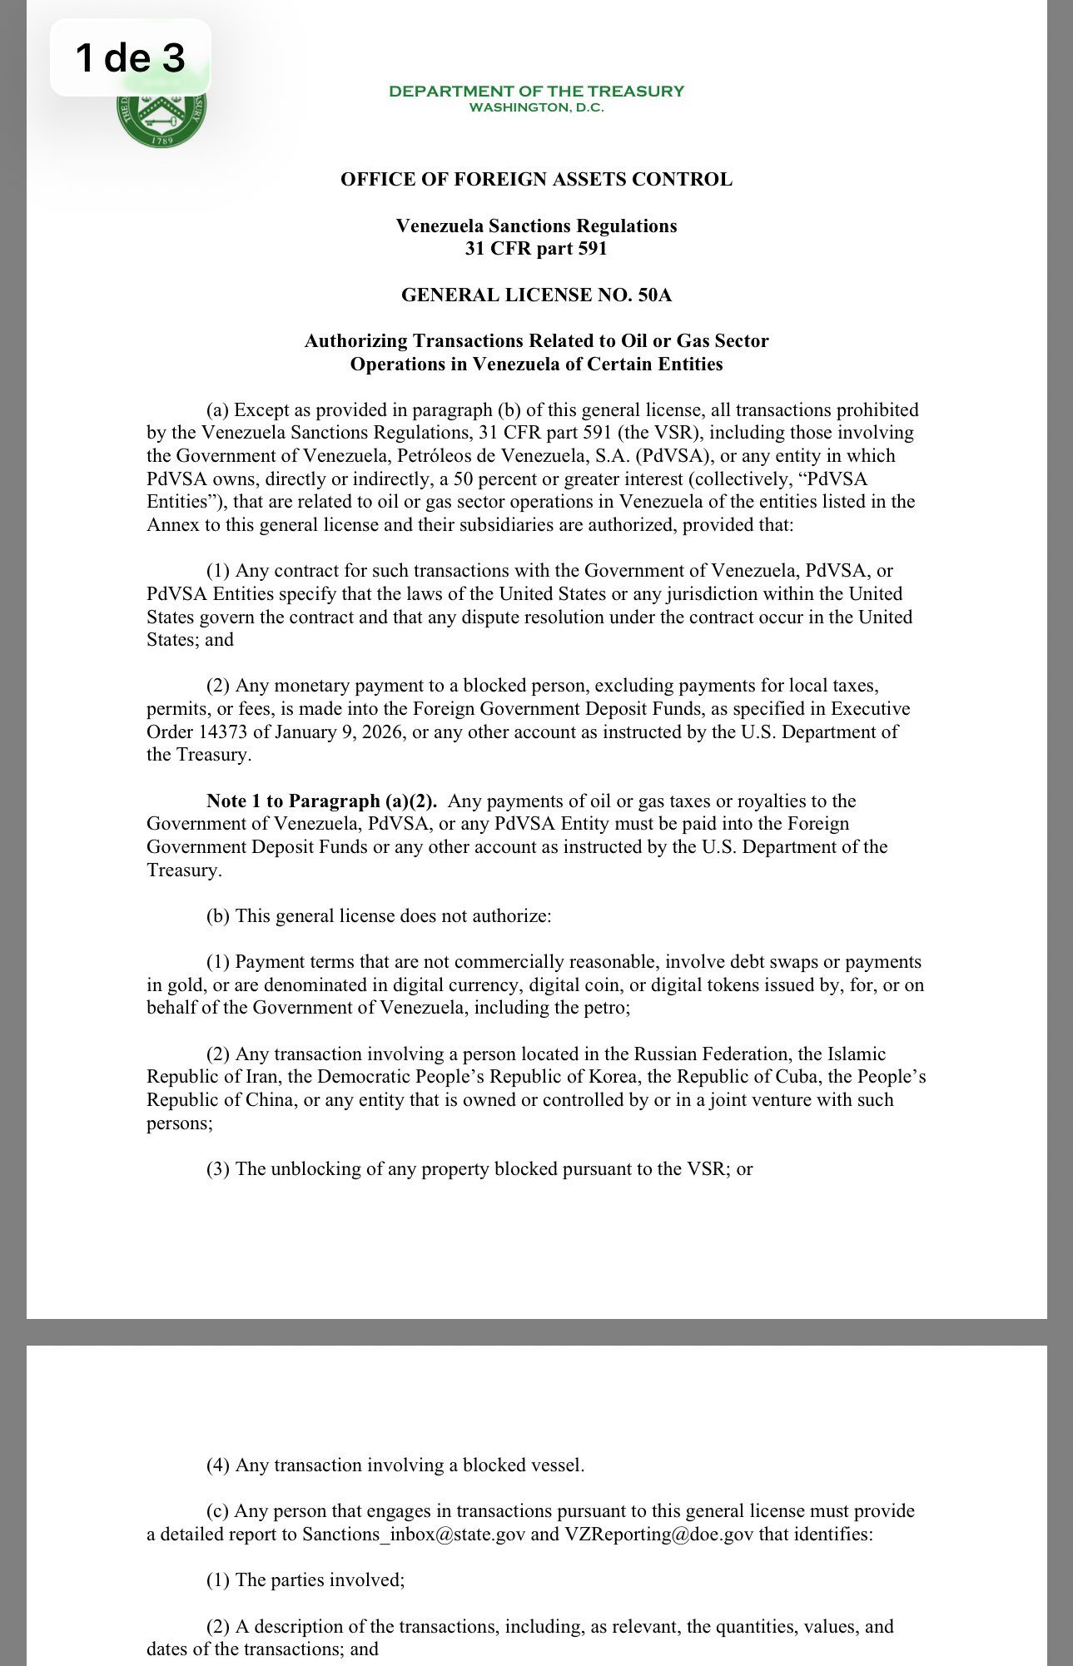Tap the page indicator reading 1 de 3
click(130, 57)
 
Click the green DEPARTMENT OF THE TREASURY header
click(536, 91)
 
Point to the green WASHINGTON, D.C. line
click(536, 107)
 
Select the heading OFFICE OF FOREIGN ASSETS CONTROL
click(536, 180)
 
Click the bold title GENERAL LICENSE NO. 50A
click(536, 295)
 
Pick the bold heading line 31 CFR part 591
click(536, 249)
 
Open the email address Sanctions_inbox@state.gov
click(413, 1535)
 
